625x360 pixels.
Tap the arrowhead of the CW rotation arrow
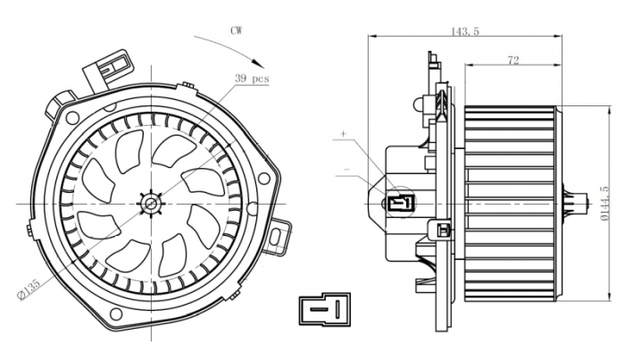click(262, 63)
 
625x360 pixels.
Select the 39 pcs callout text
click(252, 80)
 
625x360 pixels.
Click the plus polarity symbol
click(343, 134)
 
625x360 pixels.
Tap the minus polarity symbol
click(346, 167)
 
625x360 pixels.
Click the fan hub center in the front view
click(149, 205)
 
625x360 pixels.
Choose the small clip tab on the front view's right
click(283, 234)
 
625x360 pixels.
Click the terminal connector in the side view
click(401, 202)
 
